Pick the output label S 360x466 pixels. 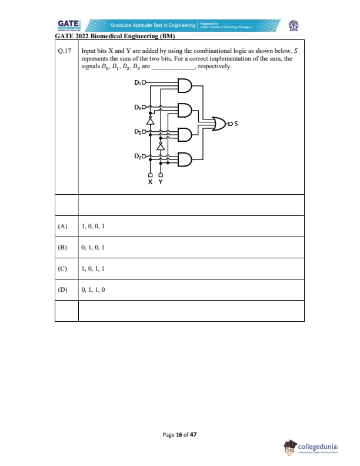pyautogui.click(x=236, y=124)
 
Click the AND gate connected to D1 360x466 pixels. pyautogui.click(x=184, y=86)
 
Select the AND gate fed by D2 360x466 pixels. pyautogui.click(x=184, y=159)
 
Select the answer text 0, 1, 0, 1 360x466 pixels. pyautogui.click(x=93, y=247)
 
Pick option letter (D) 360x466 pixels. pyautogui.click(x=62, y=289)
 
